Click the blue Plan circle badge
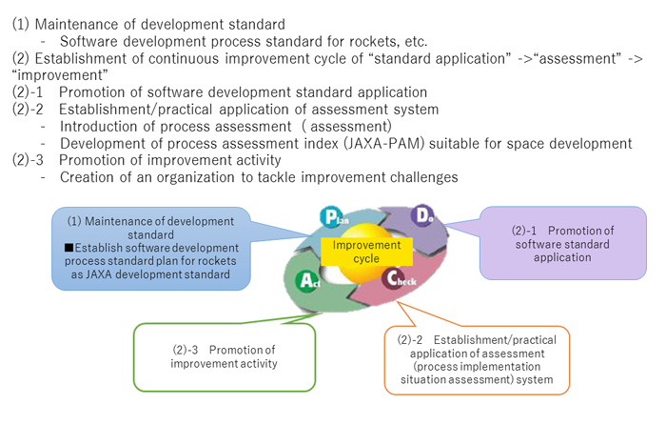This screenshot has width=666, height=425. pyautogui.click(x=331, y=216)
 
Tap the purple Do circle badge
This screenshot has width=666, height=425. pyautogui.click(x=421, y=215)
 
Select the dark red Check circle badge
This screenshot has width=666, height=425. pyautogui.click(x=393, y=278)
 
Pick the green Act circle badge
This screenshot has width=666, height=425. pyautogui.click(x=306, y=280)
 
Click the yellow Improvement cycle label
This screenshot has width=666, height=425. pyautogui.click(x=366, y=252)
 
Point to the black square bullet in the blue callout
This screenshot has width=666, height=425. pyautogui.click(x=69, y=248)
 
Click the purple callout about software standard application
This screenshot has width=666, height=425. pyautogui.click(x=563, y=243)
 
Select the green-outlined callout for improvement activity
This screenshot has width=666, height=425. pyautogui.click(x=225, y=357)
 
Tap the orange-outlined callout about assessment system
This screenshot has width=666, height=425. pyautogui.click(x=477, y=360)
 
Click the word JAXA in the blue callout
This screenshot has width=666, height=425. pyautogui.click(x=99, y=274)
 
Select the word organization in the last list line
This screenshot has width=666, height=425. pyautogui.click(x=195, y=177)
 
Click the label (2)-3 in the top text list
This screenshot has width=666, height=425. pyautogui.click(x=28, y=160)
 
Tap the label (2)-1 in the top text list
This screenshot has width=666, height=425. pyautogui.click(x=28, y=91)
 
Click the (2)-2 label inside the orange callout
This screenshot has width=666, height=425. pyautogui.click(x=410, y=340)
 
